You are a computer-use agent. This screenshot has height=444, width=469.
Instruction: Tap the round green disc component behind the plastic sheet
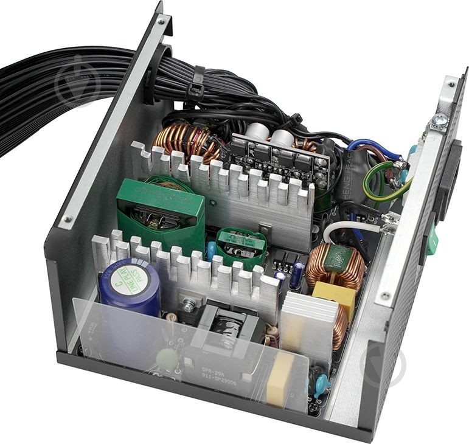(x=167, y=359)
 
